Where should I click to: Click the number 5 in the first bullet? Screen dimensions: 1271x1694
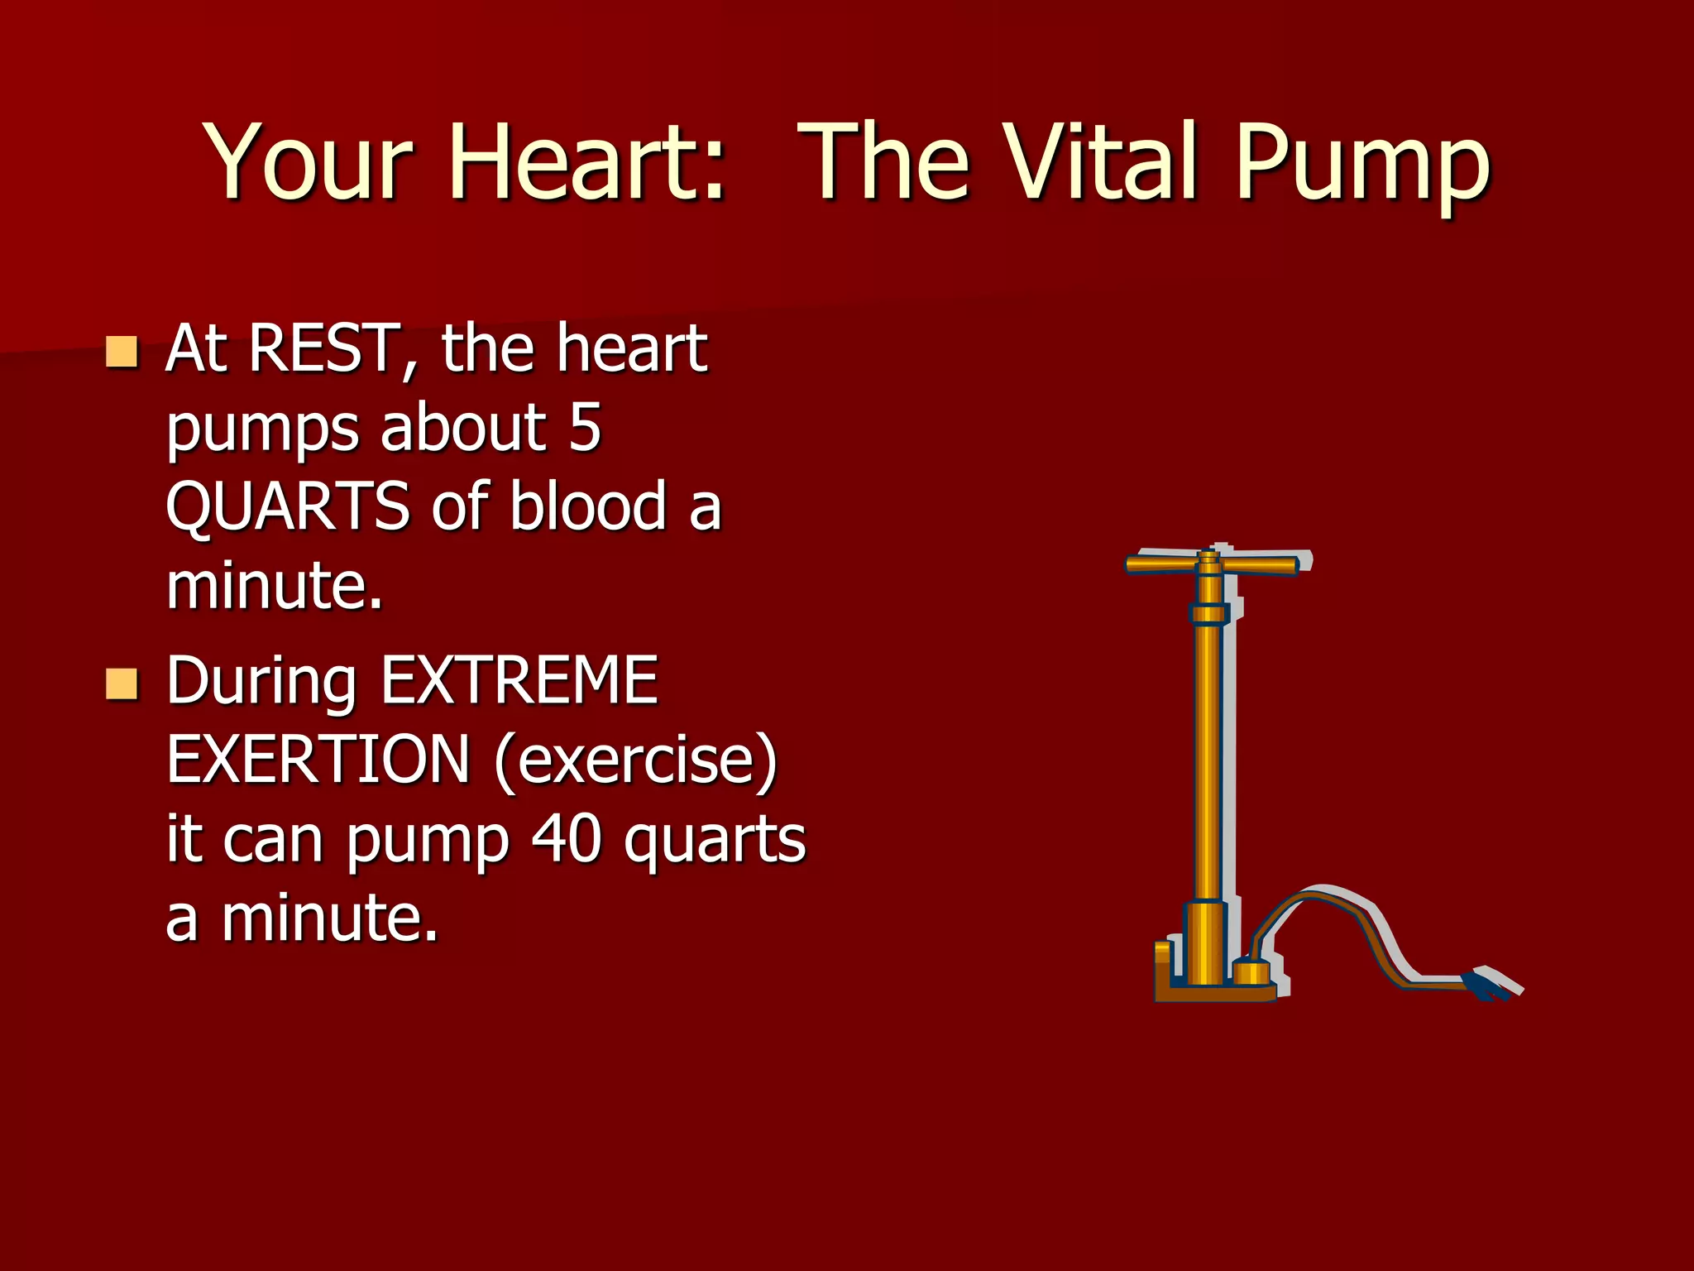pyautogui.click(x=585, y=428)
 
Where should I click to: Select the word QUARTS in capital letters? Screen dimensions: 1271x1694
pyautogui.click(x=287, y=507)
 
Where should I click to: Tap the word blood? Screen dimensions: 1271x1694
pyautogui.click(x=588, y=506)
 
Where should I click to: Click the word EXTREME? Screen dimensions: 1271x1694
pyautogui.click(x=519, y=680)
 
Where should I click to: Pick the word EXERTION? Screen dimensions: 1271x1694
pyautogui.click(x=318, y=760)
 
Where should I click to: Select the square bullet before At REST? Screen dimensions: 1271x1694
pyautogui.click(x=122, y=352)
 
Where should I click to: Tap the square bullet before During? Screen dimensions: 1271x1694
pyautogui.click(x=122, y=684)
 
